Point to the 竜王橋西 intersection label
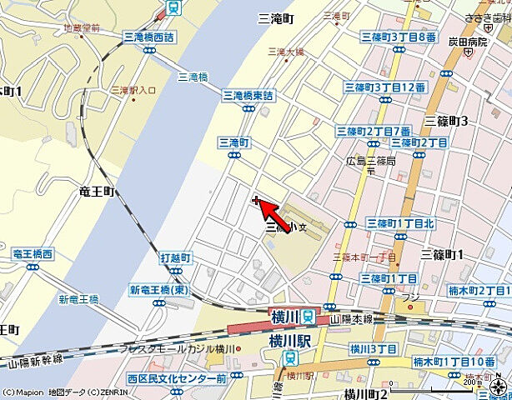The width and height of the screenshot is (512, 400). (x=33, y=253)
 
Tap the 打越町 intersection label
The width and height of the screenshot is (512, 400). (x=176, y=258)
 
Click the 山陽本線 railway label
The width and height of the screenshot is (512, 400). (x=350, y=319)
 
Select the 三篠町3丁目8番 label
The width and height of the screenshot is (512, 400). (x=399, y=37)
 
